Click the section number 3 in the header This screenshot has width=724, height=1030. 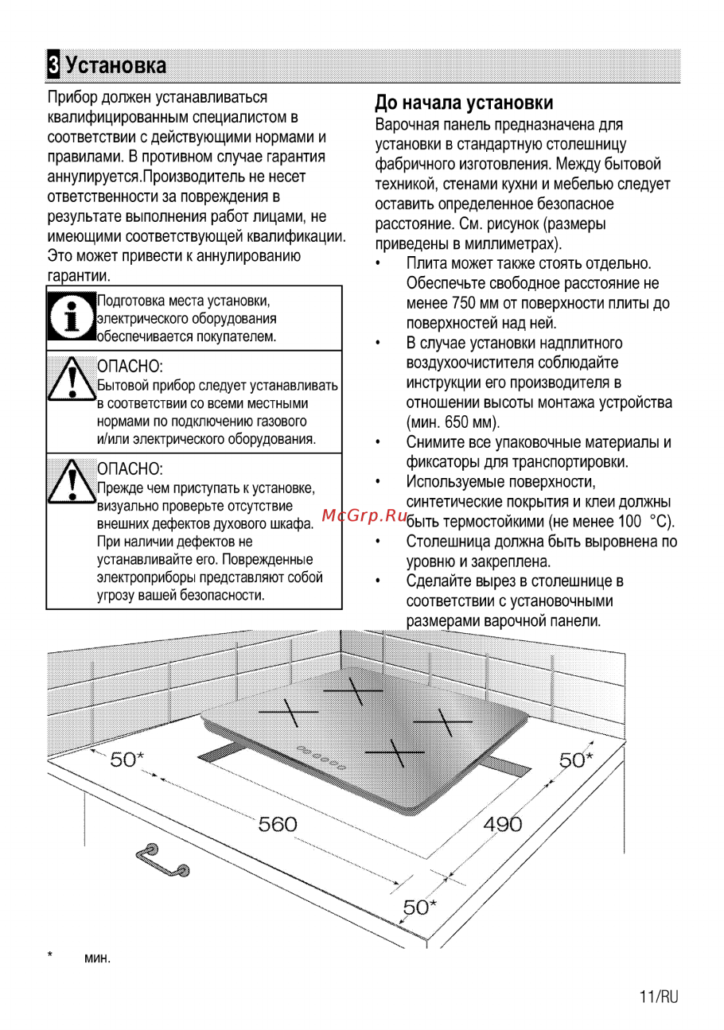pos(54,64)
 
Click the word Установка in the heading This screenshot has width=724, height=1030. pos(116,65)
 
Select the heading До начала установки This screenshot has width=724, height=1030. pos(464,103)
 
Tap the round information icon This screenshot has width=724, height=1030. pos(71,317)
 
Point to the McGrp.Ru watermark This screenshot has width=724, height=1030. pos(364,515)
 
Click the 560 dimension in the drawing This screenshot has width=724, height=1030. pos(278,824)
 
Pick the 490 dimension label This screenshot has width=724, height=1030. pos(503,824)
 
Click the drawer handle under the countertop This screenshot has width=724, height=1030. pos(163,861)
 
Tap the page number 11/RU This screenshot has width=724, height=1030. pos(659,997)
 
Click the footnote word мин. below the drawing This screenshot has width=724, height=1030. pos(98,958)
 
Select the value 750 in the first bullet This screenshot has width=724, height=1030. pos(462,304)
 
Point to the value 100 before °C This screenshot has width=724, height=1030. pos(629,522)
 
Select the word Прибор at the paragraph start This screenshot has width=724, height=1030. pos(72,98)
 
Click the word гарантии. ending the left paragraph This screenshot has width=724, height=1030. pos(79,276)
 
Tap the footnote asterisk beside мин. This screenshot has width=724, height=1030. pos(49,955)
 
